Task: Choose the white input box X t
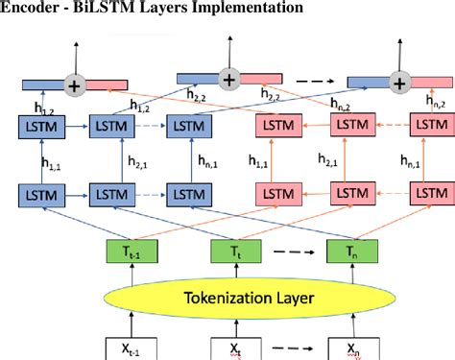[231, 346]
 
